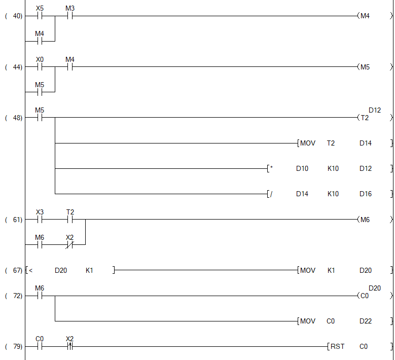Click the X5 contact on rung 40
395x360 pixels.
click(x=40, y=16)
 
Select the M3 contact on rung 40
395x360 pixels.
click(x=70, y=16)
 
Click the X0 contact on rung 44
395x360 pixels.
click(x=40, y=67)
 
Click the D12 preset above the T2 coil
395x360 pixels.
click(x=375, y=110)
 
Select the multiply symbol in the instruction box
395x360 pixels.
click(x=271, y=168)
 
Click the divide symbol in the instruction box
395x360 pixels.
click(x=271, y=194)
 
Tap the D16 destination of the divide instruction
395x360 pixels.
click(x=366, y=194)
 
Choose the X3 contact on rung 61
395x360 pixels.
click(x=40, y=220)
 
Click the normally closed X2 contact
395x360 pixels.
click(x=70, y=245)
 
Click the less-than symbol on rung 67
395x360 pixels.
click(x=31, y=270)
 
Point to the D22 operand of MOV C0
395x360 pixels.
click(x=366, y=321)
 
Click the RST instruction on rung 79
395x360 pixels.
click(x=337, y=347)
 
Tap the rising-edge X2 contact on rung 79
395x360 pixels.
click(x=70, y=347)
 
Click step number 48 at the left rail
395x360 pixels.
click(x=17, y=118)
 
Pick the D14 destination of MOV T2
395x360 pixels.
click(x=366, y=143)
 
